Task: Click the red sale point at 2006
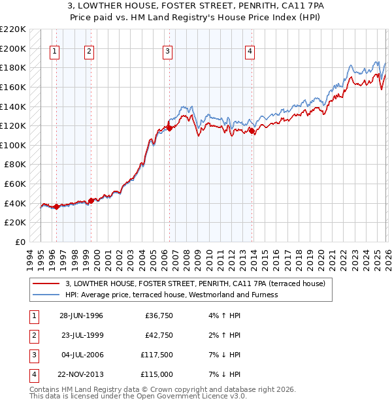pyautogui.click(x=169, y=129)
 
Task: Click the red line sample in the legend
pyautogui.click(x=46, y=283)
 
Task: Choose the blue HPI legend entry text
pyautogui.click(x=171, y=295)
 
